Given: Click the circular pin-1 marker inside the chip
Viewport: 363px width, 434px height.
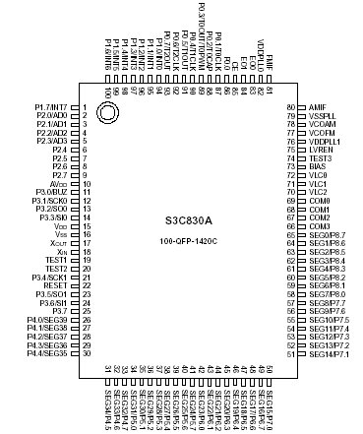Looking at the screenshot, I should point(109,114).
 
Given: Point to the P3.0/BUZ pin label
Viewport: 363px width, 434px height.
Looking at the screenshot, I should point(52,190).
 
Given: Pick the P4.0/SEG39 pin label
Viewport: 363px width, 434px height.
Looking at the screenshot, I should point(50,319).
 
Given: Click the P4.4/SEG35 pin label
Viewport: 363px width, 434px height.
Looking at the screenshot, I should point(50,352).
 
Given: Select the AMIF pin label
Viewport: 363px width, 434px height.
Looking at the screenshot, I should point(317,105).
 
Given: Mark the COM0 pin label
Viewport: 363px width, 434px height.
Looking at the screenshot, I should point(318,200).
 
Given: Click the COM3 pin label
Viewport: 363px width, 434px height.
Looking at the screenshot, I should point(318,225).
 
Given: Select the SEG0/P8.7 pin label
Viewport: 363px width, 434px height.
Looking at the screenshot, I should point(326,233).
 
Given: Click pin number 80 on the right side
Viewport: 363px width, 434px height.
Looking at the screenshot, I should point(291,105).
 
